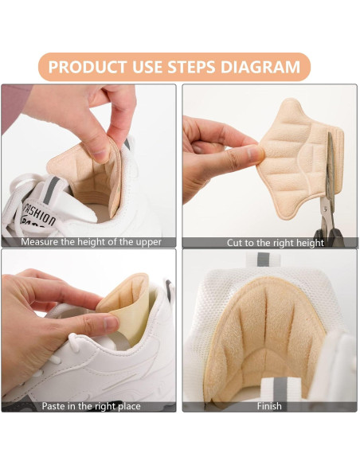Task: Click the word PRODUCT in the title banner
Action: tap(87, 66)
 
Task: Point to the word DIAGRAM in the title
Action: tap(271, 66)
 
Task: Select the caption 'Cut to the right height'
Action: tap(270, 242)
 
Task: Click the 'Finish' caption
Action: tap(269, 406)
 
